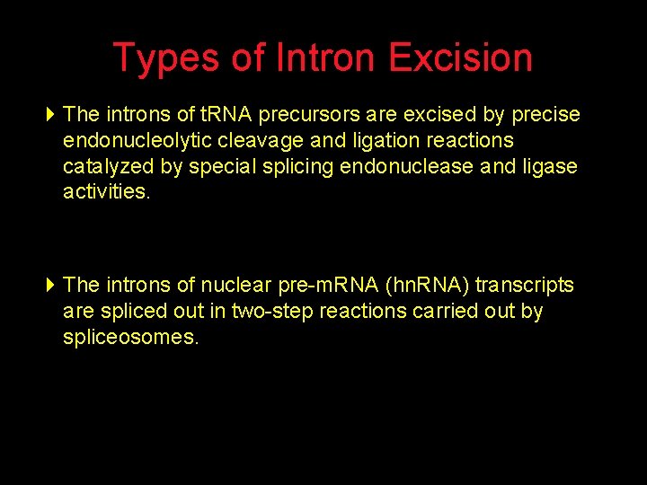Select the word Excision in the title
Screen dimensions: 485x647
tap(461, 58)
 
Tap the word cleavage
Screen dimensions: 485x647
tap(265, 141)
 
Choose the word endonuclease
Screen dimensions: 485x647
tap(411, 167)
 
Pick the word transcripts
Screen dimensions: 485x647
tap(525, 286)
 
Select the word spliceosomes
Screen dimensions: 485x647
tap(131, 338)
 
